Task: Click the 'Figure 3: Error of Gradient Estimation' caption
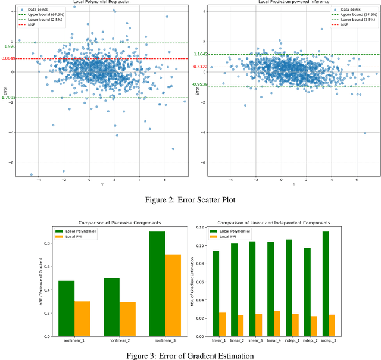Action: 190,356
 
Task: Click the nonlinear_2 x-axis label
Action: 119,340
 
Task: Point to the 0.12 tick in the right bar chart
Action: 202,228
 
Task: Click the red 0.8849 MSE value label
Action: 9,58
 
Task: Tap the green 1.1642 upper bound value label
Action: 200,54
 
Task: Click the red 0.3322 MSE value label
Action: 200,67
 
